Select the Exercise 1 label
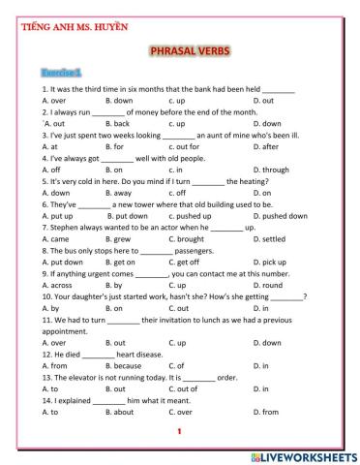pyautogui.click(x=61, y=73)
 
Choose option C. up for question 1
pyautogui.click(x=176, y=100)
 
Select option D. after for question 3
pyautogui.click(x=266, y=147)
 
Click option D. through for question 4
pyautogui.click(x=270, y=170)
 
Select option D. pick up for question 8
pyautogui.click(x=269, y=263)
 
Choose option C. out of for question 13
pyautogui.click(x=182, y=389)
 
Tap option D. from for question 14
pyautogui.click(x=266, y=413)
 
